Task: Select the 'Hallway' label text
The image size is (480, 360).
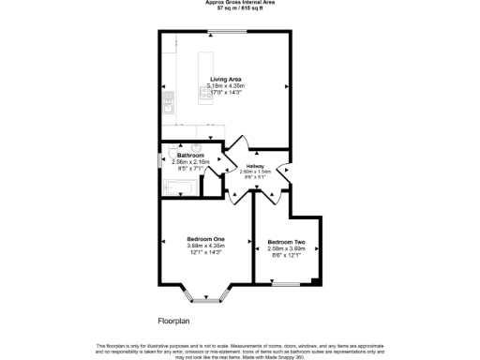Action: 254,166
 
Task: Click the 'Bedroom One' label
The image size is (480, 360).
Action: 205,240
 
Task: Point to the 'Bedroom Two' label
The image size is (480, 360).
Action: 288,242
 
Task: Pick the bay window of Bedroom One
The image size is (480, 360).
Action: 203,299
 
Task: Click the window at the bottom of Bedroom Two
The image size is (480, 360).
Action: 285,283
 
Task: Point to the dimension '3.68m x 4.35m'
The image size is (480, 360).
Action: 205,247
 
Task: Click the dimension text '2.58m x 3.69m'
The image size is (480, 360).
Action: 288,248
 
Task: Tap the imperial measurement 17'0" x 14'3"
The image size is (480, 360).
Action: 223,92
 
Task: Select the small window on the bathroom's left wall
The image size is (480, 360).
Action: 158,157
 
